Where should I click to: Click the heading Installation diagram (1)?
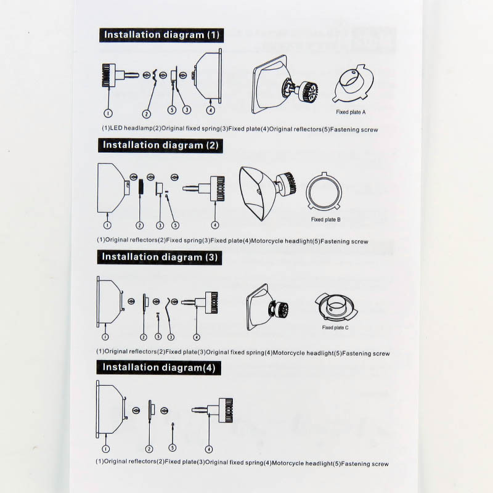tap(161, 35)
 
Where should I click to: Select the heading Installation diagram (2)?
tap(161, 145)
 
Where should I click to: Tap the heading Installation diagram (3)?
tap(160, 257)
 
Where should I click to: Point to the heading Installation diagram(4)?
tap(159, 367)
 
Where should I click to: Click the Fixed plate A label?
tap(351, 112)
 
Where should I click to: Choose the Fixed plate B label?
tap(326, 219)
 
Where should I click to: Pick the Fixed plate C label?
tap(335, 328)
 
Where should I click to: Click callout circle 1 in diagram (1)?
tap(108, 113)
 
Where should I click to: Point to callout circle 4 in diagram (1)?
tap(210, 110)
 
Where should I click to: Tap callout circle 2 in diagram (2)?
tap(140, 225)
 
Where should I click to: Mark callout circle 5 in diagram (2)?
tap(175, 225)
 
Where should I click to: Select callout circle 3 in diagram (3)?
tap(171, 337)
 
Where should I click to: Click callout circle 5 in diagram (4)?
tap(173, 448)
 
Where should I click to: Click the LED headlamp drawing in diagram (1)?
tap(120, 75)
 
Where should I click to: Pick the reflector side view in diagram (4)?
tap(112, 409)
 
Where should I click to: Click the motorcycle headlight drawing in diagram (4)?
tap(213, 410)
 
